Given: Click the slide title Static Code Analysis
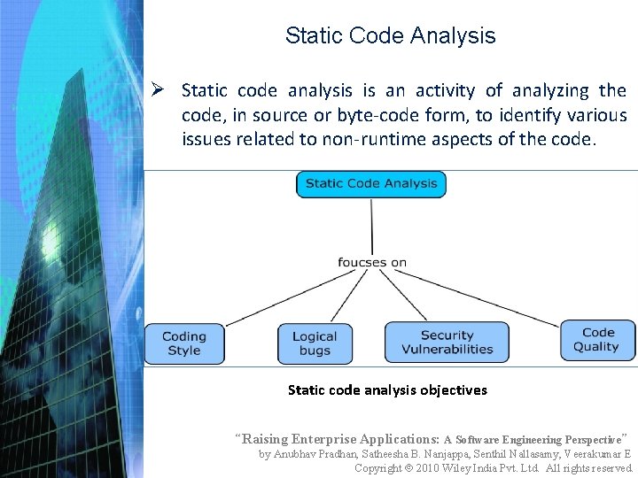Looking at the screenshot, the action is point(390,36).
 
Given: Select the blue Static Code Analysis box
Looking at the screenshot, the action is point(371,184).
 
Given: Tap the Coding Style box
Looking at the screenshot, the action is point(184,343).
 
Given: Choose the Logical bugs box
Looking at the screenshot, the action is point(315,343).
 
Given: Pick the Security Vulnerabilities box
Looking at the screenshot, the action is point(447,343).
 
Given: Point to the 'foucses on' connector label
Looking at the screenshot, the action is point(372,262).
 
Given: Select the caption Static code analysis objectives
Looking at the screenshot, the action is point(387,389).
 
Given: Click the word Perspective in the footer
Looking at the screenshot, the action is point(592,439).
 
